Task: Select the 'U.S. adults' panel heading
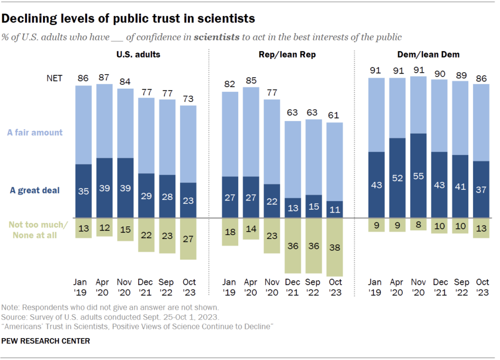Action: pos(138,55)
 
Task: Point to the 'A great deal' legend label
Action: pos(35,190)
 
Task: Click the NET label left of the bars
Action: pos(54,78)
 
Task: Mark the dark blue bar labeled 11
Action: pos(334,209)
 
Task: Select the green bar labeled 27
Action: pos(188,239)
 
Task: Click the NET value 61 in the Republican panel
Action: pos(334,116)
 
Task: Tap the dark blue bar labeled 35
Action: pos(83,191)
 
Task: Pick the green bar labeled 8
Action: pos(418,224)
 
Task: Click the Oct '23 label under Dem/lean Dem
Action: pos(482,287)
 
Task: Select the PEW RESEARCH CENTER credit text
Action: pos(46,341)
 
